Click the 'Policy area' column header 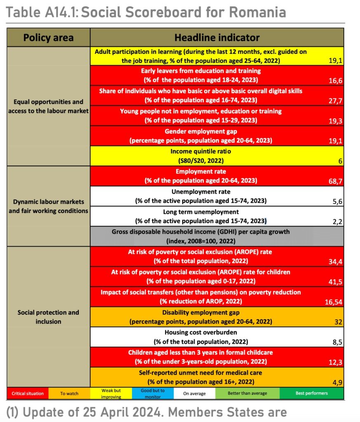point(48,38)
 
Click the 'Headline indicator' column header point(217,38)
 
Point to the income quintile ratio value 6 point(340,161)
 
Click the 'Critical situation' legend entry point(28,393)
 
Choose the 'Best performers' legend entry point(311,393)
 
